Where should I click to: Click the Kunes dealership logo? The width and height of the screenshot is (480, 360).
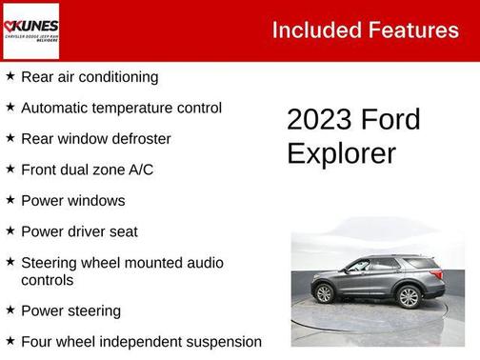tap(30, 30)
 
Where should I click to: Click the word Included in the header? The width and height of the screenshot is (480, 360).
tap(310, 30)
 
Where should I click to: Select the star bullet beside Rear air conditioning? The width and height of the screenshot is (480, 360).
tap(10, 76)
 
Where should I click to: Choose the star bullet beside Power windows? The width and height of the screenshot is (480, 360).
tap(10, 200)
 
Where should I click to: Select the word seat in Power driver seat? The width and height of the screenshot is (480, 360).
tap(122, 231)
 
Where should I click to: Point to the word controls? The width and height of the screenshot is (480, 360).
tap(48, 280)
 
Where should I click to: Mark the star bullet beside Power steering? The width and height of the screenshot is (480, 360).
tap(10, 310)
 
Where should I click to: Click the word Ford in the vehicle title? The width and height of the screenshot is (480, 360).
tap(390, 120)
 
